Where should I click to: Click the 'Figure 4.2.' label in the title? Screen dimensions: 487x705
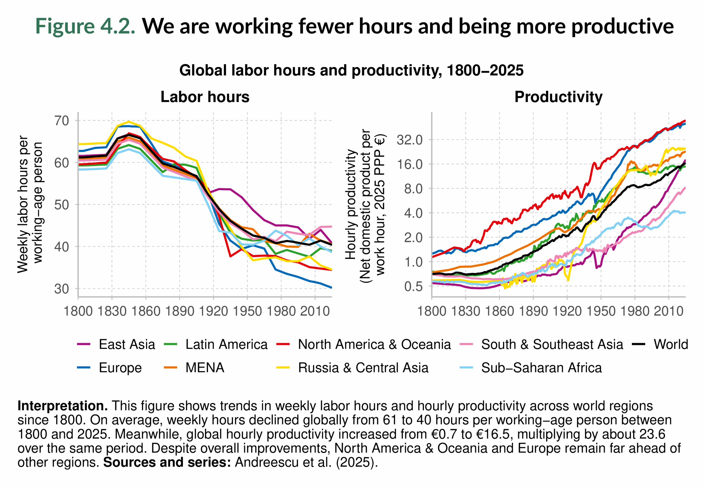pyautogui.click(x=85, y=26)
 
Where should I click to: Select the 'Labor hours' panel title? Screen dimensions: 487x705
pyautogui.click(x=205, y=97)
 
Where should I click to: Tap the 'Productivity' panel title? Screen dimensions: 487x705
pyautogui.click(x=558, y=97)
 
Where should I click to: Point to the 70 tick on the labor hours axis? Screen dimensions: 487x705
pyautogui.click(x=62, y=121)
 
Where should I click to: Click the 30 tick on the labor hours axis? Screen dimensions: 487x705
pyautogui.click(x=62, y=289)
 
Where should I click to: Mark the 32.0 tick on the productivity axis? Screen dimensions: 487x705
pyautogui.click(x=410, y=140)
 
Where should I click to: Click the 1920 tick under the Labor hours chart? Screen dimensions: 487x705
pyautogui.click(x=213, y=311)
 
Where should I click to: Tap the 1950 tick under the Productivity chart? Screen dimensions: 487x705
pyautogui.click(x=601, y=311)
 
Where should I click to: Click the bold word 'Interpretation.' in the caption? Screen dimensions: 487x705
pyautogui.click(x=63, y=406)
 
